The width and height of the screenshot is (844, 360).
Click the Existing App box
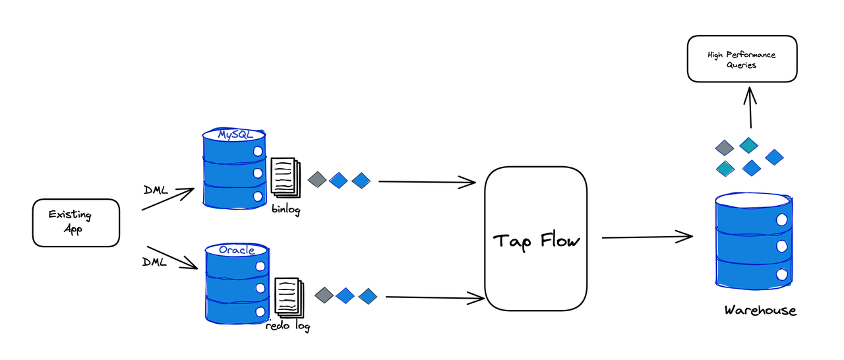point(76,223)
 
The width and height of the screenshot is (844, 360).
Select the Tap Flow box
point(535,239)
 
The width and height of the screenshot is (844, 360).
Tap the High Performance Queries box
point(742,59)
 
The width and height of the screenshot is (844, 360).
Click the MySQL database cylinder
point(234,168)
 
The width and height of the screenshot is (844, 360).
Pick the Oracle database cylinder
point(236,284)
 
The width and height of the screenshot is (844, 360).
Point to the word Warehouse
point(760,310)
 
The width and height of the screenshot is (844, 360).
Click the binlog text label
point(286,210)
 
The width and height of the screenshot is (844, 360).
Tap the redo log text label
point(287,325)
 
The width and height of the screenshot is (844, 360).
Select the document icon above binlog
point(284,177)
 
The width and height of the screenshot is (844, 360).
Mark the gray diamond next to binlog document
point(317,179)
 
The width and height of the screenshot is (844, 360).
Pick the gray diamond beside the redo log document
point(324,295)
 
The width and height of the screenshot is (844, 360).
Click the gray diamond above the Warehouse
point(725,148)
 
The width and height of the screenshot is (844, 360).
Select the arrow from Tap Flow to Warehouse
point(646,237)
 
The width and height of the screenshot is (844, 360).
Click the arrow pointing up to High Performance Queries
point(750,107)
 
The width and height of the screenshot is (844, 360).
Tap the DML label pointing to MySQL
point(156,191)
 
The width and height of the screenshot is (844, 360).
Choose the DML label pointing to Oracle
point(155,262)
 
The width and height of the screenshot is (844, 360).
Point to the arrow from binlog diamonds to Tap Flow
point(427,181)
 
